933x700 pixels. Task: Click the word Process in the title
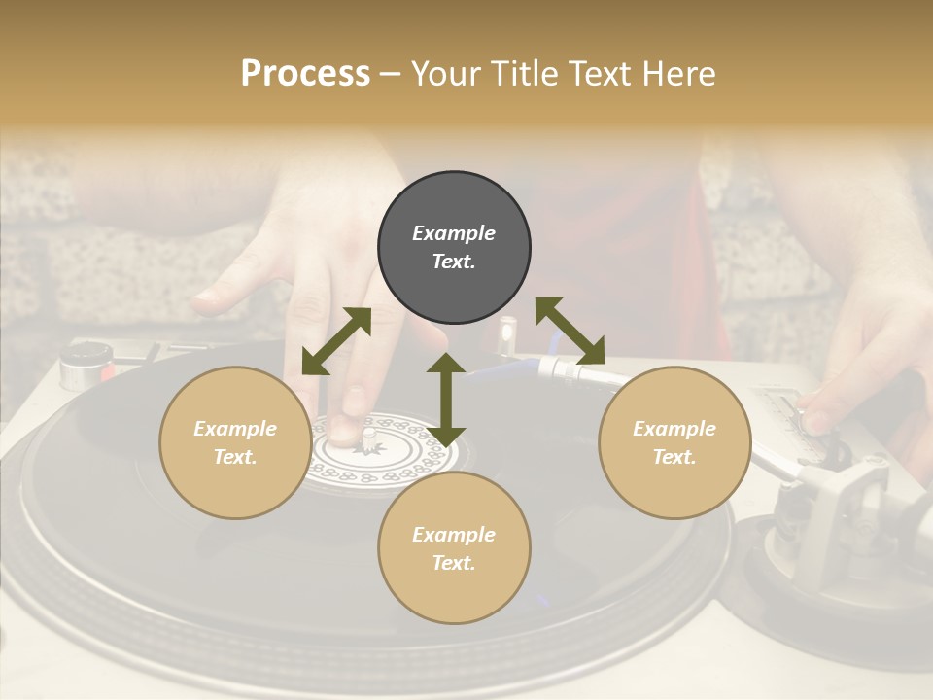pos(305,74)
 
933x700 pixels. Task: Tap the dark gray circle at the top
pos(454,248)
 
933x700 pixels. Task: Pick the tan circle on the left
pos(235,442)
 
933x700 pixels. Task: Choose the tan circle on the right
pos(674,442)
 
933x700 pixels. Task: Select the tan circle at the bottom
pos(454,548)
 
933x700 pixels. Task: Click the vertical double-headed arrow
pos(446,399)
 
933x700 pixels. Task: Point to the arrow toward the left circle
pos(336,341)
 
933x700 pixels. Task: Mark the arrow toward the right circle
pos(570,332)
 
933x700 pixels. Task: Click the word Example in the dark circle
pos(454,233)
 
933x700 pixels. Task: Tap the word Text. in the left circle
pos(235,457)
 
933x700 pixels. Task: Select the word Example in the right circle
pos(674,429)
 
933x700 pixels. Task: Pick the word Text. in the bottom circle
pos(454,563)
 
